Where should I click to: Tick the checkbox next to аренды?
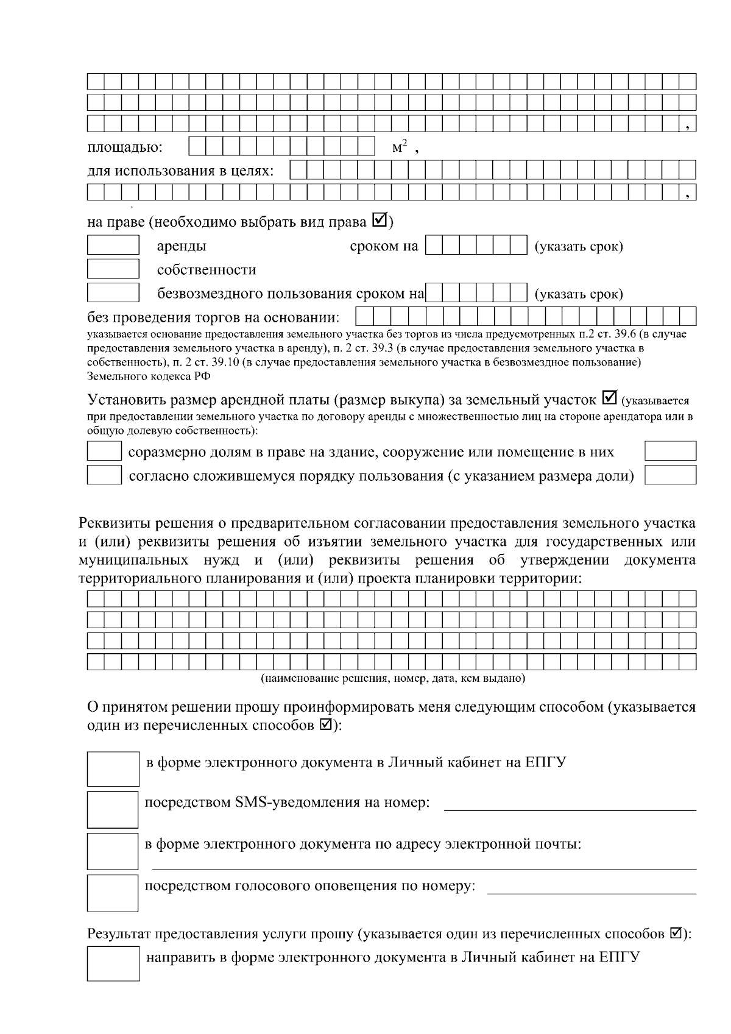(113, 245)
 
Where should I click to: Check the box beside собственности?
(113, 269)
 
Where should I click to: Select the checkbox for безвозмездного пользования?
(113, 292)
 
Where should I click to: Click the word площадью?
(125, 148)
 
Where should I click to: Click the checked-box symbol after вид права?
(379, 221)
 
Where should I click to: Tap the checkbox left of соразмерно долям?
(104, 451)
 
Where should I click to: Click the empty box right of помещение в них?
(670, 451)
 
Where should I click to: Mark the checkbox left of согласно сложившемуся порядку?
(104, 475)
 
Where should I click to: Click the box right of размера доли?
(670, 475)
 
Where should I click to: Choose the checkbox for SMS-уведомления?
(113, 810)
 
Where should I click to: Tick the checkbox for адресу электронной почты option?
(113, 851)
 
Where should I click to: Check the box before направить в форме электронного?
(113, 964)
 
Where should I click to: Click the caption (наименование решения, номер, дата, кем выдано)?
(392, 678)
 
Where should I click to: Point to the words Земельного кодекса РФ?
(149, 376)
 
